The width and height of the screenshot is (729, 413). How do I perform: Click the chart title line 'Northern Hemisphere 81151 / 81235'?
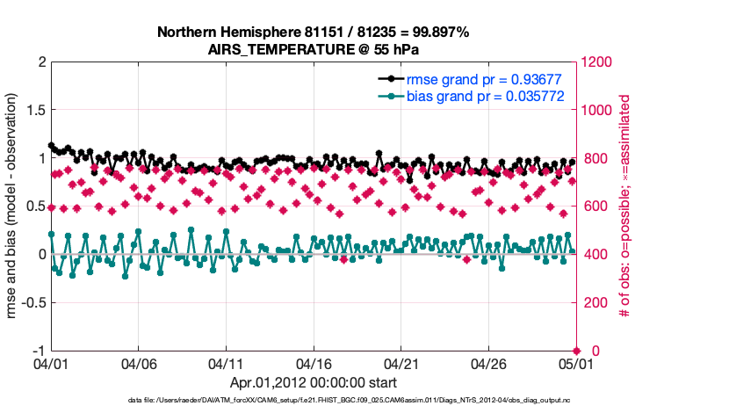314,32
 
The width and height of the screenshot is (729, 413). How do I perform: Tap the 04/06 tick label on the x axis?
139,363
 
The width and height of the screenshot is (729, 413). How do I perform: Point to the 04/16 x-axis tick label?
314,363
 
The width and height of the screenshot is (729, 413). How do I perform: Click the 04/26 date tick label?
488,363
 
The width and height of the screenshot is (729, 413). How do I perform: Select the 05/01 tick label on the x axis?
575,363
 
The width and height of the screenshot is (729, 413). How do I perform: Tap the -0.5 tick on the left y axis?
32,302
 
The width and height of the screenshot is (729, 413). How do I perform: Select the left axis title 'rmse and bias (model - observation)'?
15,206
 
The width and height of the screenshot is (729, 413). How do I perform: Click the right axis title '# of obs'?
625,206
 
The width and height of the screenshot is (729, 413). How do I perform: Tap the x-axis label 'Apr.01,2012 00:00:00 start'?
314,382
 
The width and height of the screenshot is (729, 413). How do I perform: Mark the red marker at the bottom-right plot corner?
576,351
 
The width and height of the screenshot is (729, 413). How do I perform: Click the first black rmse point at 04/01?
51,146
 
